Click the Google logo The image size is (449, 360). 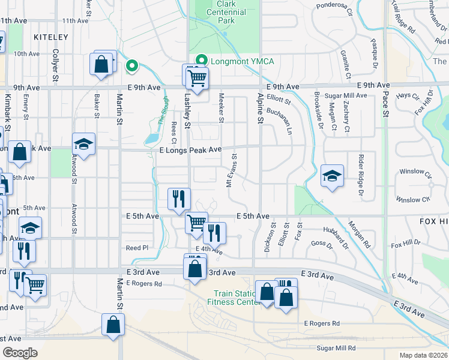20,353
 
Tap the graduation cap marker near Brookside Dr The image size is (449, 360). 332,176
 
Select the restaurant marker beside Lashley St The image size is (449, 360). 179,200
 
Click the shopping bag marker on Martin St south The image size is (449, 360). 113,326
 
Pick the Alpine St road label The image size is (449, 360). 261,108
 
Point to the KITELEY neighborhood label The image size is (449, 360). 51,37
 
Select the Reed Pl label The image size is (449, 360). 136,248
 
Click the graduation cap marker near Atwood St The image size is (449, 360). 83,145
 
